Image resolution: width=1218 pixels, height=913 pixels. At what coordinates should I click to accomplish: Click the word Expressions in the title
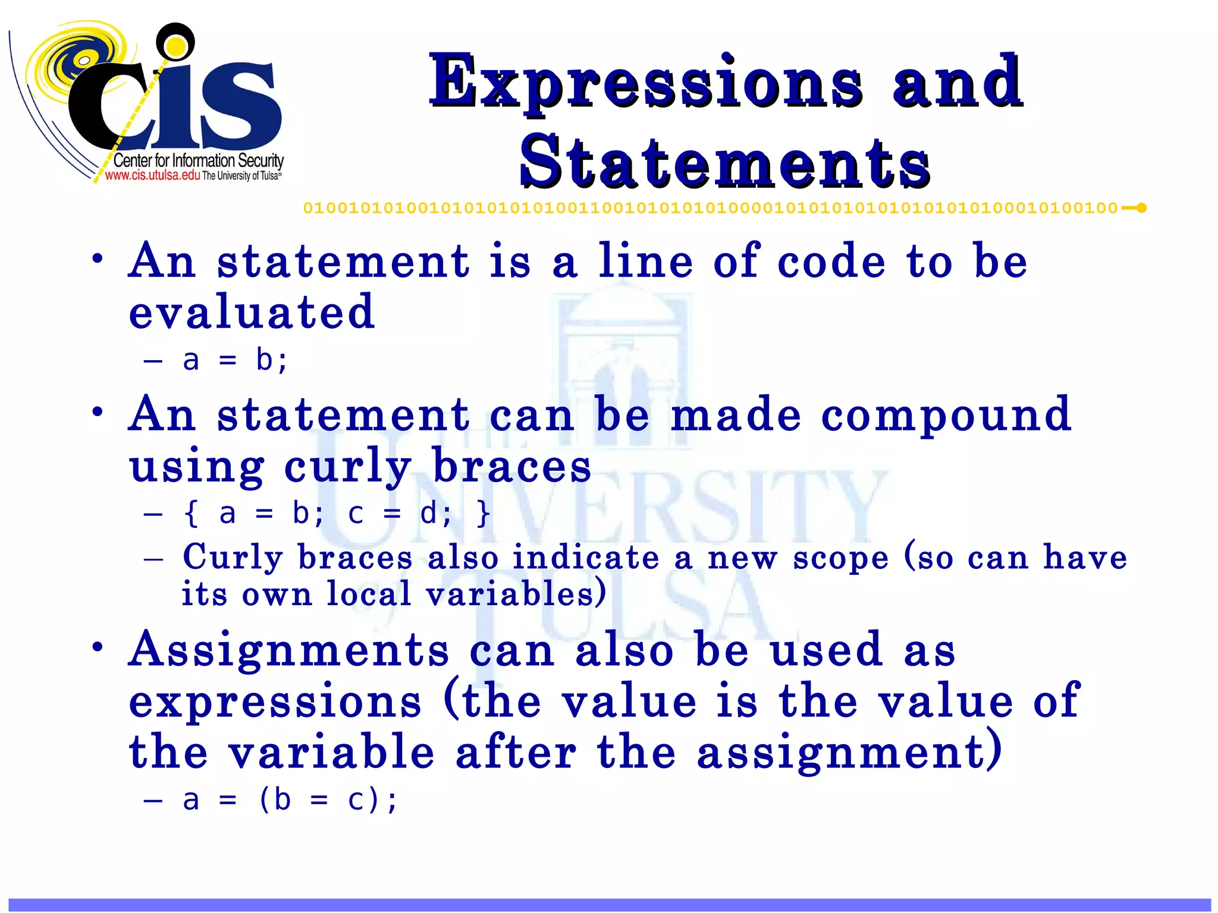(x=645, y=83)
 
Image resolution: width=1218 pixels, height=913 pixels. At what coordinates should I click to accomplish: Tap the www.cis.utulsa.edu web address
(x=152, y=175)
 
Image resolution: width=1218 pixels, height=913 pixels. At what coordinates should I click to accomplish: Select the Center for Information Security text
(x=198, y=160)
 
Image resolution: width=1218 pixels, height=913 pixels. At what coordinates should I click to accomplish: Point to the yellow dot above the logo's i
(x=175, y=44)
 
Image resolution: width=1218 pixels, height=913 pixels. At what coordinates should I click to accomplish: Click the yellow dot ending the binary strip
(x=1141, y=208)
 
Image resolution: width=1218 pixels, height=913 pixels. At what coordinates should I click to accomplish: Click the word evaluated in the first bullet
(x=252, y=312)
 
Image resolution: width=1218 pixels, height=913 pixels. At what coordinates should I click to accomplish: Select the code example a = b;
(x=236, y=360)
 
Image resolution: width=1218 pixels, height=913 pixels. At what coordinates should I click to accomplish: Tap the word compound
(x=946, y=415)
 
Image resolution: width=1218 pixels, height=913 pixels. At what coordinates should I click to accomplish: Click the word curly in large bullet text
(x=348, y=467)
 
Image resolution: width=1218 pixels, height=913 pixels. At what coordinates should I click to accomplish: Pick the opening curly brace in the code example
(x=191, y=513)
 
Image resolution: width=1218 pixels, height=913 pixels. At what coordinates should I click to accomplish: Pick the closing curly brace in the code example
(x=483, y=513)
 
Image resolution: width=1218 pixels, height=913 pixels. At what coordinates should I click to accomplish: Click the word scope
(x=840, y=558)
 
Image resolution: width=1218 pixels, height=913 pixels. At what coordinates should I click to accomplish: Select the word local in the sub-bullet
(x=369, y=594)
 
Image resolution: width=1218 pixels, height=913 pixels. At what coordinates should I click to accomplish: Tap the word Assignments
(x=289, y=650)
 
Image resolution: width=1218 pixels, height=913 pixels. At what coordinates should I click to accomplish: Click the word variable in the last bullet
(x=332, y=752)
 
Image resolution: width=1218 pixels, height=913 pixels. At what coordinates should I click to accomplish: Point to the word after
(x=516, y=752)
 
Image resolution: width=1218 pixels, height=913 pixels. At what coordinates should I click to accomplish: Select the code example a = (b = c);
(x=290, y=800)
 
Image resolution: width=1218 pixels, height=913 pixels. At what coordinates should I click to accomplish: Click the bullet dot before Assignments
(x=98, y=647)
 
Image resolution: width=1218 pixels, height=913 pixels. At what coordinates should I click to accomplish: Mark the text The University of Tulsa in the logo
(x=241, y=176)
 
